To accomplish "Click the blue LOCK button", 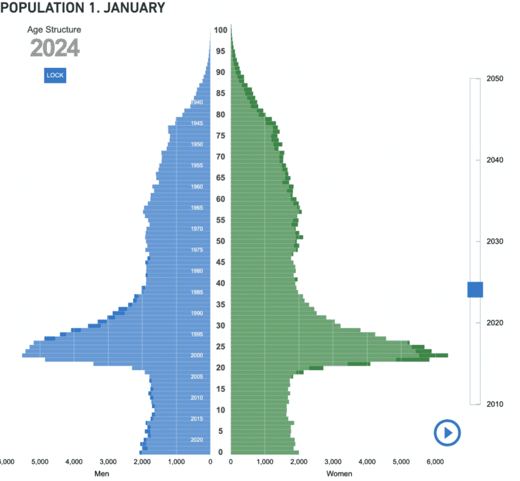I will pyautogui.click(x=55, y=76).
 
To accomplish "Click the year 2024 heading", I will pyautogui.click(x=55, y=48).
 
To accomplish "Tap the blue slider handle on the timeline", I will pyautogui.click(x=475, y=289).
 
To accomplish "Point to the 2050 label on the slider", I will pyautogui.click(x=494, y=79).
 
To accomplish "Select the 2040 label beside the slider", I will pyautogui.click(x=494, y=160).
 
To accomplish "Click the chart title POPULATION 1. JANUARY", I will pyautogui.click(x=83, y=8).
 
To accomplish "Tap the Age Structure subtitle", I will pyautogui.click(x=54, y=30).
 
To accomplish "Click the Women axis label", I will pyautogui.click(x=339, y=474).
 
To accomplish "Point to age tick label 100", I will pyautogui.click(x=221, y=30).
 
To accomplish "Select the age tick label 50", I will pyautogui.click(x=221, y=241).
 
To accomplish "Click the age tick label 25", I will pyautogui.click(x=221, y=347).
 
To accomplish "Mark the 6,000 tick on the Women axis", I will pyautogui.click(x=435, y=461).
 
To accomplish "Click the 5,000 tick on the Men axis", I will pyautogui.click(x=40, y=461).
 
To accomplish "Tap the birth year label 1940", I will pyautogui.click(x=197, y=103).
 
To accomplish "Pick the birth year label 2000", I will pyautogui.click(x=197, y=355).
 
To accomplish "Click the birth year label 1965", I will pyautogui.click(x=197, y=208).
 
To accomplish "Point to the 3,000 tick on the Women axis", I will pyautogui.click(x=333, y=461).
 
